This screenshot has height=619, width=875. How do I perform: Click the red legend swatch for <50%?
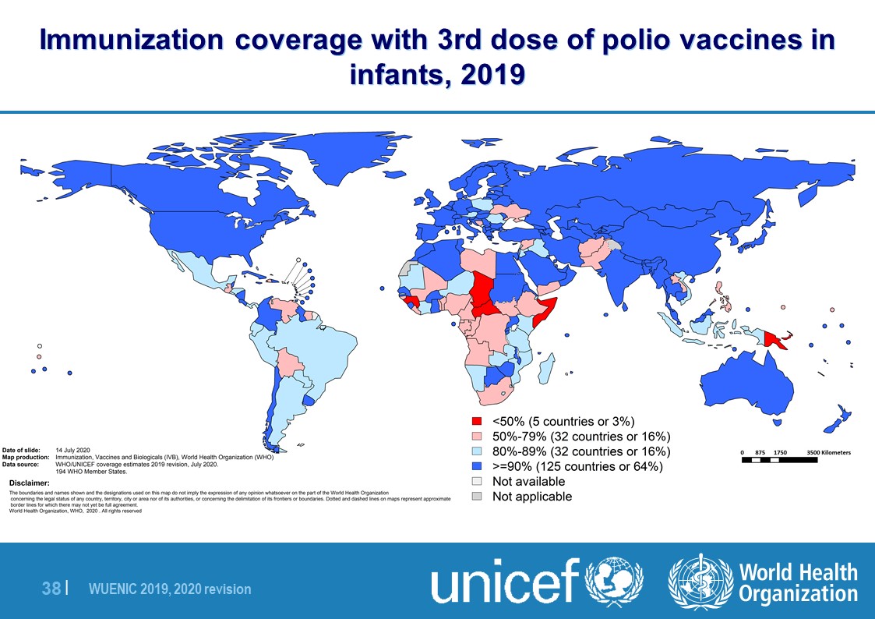click(x=477, y=422)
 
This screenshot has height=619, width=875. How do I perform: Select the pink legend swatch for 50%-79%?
click(x=477, y=437)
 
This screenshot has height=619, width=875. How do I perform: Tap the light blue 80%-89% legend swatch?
click(x=477, y=451)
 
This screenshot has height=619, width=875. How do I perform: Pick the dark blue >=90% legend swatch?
click(x=477, y=467)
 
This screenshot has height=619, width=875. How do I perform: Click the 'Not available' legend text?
click(x=528, y=482)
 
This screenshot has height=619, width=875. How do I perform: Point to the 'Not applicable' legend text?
click(x=531, y=497)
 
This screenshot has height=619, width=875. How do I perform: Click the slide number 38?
click(x=51, y=589)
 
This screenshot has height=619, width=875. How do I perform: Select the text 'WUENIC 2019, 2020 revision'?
click(x=170, y=590)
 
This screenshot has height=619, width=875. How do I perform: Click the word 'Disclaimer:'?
click(x=28, y=483)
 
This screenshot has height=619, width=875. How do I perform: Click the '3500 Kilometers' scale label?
click(x=828, y=453)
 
